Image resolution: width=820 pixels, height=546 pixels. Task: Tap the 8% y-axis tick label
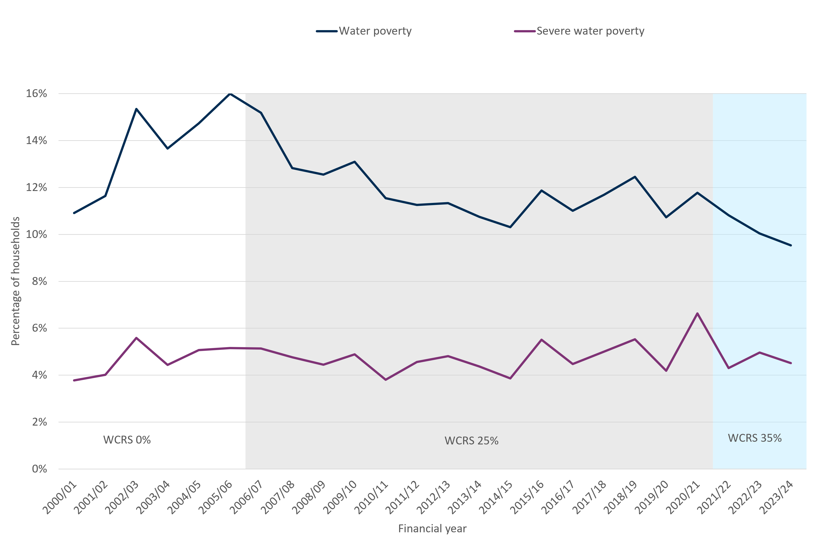(39, 281)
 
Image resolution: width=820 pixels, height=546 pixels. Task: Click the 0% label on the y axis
(39, 469)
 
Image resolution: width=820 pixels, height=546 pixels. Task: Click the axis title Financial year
(432, 529)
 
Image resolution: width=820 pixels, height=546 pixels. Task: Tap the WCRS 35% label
(755, 438)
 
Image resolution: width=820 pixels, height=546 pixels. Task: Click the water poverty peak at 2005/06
(230, 94)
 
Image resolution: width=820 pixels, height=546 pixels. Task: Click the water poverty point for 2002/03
(136, 109)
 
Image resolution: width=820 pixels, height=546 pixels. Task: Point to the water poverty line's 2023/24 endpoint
(791, 245)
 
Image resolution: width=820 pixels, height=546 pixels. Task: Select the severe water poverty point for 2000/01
(74, 380)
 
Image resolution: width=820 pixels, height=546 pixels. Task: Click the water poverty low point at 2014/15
(510, 227)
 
